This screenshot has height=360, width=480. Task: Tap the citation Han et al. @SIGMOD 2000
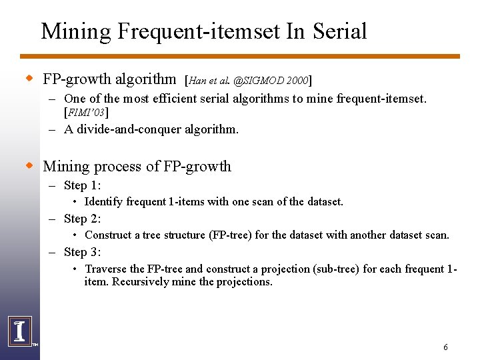click(x=248, y=81)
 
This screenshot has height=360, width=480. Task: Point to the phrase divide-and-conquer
click(x=133, y=129)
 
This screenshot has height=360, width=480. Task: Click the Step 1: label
click(x=82, y=185)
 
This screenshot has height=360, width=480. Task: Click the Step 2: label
click(x=82, y=218)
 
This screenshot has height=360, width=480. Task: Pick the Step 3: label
click(x=82, y=251)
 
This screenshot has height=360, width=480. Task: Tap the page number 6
click(x=445, y=347)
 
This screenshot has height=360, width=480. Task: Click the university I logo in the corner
click(x=19, y=331)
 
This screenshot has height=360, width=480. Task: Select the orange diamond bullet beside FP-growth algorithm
click(x=29, y=79)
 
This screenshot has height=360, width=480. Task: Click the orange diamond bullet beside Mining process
click(x=29, y=165)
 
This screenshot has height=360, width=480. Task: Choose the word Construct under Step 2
click(x=109, y=235)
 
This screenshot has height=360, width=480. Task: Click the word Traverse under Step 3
click(x=105, y=269)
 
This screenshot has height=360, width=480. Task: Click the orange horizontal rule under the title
click(x=240, y=57)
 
